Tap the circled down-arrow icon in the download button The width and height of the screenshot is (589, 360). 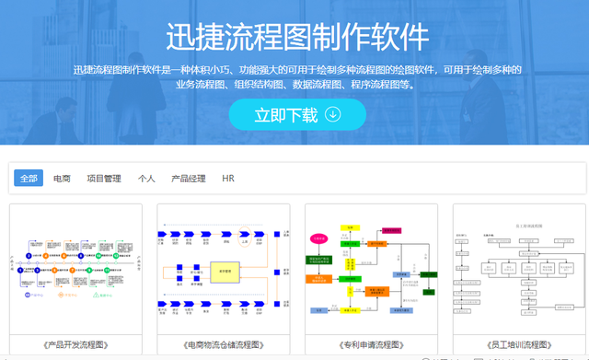[x=333, y=115]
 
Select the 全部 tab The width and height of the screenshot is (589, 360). [x=29, y=178]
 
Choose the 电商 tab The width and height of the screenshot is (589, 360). [x=62, y=178]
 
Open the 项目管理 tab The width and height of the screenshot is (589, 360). [x=104, y=178]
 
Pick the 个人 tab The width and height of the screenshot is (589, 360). [x=146, y=178]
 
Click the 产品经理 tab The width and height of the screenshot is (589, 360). [x=189, y=178]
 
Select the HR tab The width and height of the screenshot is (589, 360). [x=228, y=178]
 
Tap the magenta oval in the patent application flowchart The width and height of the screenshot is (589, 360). [x=319, y=238]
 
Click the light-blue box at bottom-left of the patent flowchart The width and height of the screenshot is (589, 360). [x=318, y=311]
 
